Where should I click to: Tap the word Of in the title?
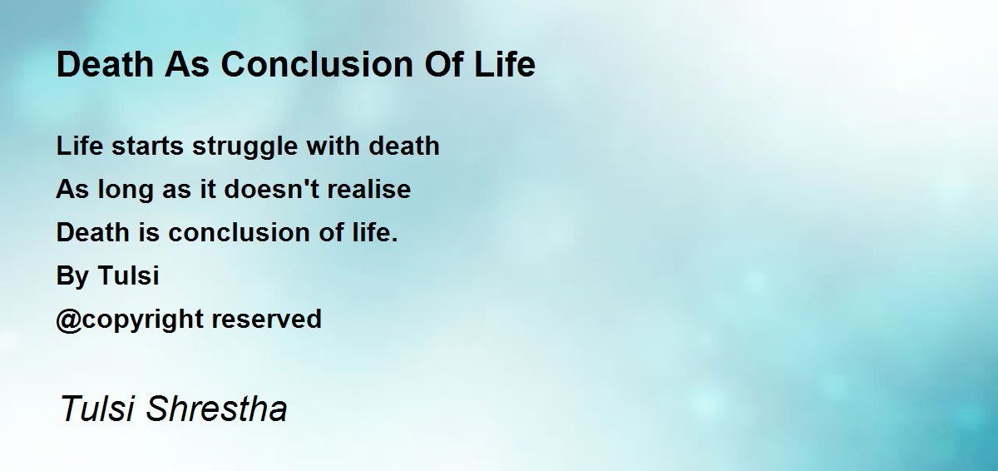pyautogui.click(x=442, y=64)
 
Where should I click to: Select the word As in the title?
pyautogui.click(x=186, y=64)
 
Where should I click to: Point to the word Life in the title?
pyautogui.click(x=504, y=64)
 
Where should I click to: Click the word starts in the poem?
pyautogui.click(x=147, y=146)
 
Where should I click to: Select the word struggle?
pyautogui.click(x=245, y=147)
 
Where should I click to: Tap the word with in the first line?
pyautogui.click(x=333, y=146)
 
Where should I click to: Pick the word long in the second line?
pyautogui.click(x=126, y=191)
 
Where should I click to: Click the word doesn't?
pyautogui.click(x=272, y=189)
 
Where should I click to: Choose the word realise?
pyautogui.click(x=369, y=189)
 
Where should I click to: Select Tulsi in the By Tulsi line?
pyautogui.click(x=128, y=275)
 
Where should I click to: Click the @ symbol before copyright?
pyautogui.click(x=69, y=320)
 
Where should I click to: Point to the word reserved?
pyautogui.click(x=266, y=319)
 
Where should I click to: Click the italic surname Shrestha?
pyautogui.click(x=216, y=408)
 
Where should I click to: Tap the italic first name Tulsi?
pyautogui.click(x=97, y=408)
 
